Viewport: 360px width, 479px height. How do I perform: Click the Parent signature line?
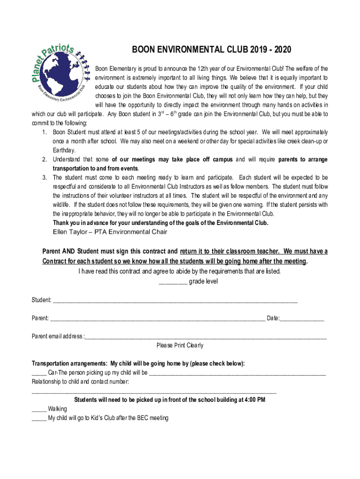click(x=157, y=319)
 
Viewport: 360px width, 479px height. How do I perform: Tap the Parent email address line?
click(x=205, y=337)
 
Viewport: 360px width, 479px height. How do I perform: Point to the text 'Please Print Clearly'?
click(x=180, y=346)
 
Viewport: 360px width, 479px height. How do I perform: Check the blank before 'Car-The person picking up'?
click(x=39, y=373)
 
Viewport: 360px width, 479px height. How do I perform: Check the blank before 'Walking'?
click(x=39, y=409)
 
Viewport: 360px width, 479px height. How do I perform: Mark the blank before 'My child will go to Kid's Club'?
click(x=39, y=418)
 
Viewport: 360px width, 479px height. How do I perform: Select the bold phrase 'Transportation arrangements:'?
click(x=69, y=364)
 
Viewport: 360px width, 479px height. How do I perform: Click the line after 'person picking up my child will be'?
click(x=237, y=373)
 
